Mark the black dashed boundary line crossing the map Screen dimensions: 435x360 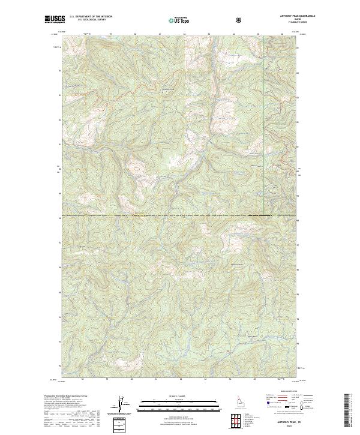point(180,215)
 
